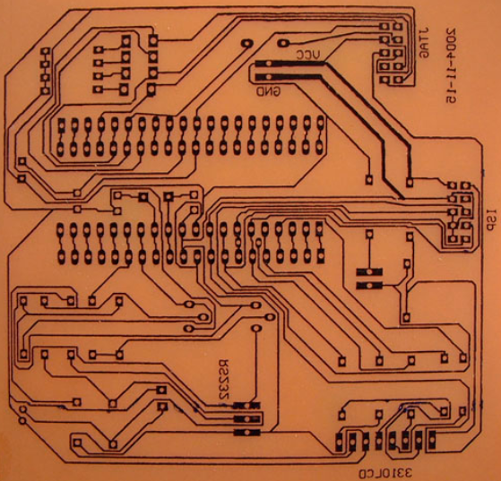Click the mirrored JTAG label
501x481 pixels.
[424, 42]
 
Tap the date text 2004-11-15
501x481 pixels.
[451, 65]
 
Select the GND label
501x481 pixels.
[268, 92]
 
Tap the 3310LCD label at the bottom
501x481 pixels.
[385, 473]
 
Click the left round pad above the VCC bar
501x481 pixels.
[246, 43]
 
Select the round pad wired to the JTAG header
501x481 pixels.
[283, 43]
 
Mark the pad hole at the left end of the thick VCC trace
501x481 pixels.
[269, 64]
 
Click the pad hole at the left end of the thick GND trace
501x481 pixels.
[268, 77]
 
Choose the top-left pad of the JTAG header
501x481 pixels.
[384, 27]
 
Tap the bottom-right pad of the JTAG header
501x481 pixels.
[398, 80]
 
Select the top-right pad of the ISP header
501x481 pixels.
[466, 185]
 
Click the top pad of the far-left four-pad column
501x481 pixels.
[46, 51]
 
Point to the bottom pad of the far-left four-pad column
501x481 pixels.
[46, 90]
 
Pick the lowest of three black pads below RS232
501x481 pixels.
[246, 433]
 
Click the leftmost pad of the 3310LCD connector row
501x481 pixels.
[340, 441]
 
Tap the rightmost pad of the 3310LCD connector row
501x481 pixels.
[432, 440]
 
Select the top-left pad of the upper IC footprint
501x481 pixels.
[62, 125]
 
